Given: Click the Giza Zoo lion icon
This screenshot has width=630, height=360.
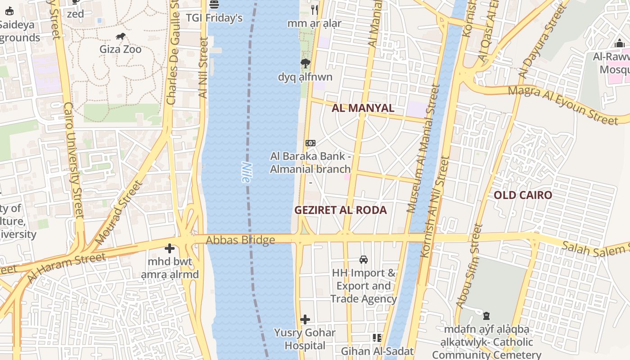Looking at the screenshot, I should [120, 36].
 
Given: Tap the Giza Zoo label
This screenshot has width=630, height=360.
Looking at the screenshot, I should [120, 49].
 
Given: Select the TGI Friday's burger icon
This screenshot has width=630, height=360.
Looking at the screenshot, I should [214, 5].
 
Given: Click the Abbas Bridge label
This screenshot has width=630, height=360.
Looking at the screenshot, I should [240, 240].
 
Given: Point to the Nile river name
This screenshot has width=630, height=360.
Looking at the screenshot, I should [246, 172].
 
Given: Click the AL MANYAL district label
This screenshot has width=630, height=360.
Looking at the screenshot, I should [363, 108].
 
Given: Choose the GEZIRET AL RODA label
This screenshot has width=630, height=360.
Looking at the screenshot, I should [340, 210].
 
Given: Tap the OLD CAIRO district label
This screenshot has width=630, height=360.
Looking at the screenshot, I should [522, 195].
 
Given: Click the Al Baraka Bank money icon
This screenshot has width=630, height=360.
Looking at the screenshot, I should [310, 143].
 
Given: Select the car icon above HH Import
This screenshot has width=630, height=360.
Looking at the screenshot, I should [364, 260].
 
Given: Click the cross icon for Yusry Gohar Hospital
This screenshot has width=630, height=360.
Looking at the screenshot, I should [305, 319].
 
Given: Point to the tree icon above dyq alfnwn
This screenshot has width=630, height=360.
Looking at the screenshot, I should [306, 63].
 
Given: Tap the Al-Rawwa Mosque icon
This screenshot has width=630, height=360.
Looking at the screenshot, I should [620, 44].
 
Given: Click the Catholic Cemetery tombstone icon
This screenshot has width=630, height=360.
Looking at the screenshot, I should [486, 316].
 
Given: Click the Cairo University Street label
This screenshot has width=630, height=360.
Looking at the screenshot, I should [74, 160].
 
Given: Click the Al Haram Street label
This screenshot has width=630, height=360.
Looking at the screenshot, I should [66, 267].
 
